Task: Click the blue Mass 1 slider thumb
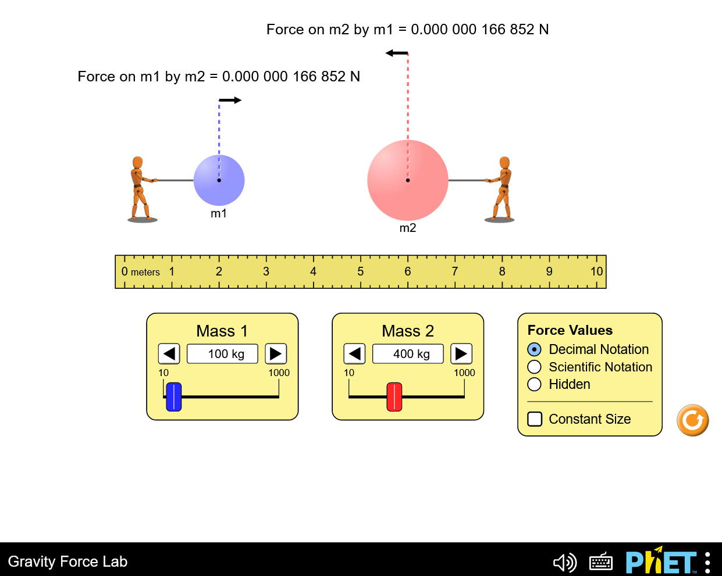174,396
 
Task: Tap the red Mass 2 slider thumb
394,396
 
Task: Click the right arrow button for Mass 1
276,354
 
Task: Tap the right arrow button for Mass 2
461,354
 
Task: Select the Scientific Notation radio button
534,367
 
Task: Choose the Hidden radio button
534,384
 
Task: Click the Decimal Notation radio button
534,349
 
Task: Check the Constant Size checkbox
535,419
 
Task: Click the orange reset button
693,420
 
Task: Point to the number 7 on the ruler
454,271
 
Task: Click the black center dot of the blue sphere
219,180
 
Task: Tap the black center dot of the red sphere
408,180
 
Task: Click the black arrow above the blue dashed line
230,100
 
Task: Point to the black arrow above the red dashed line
397,53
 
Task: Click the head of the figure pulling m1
137,162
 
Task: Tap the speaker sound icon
565,562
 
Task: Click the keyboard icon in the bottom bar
601,562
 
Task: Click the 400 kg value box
408,354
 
